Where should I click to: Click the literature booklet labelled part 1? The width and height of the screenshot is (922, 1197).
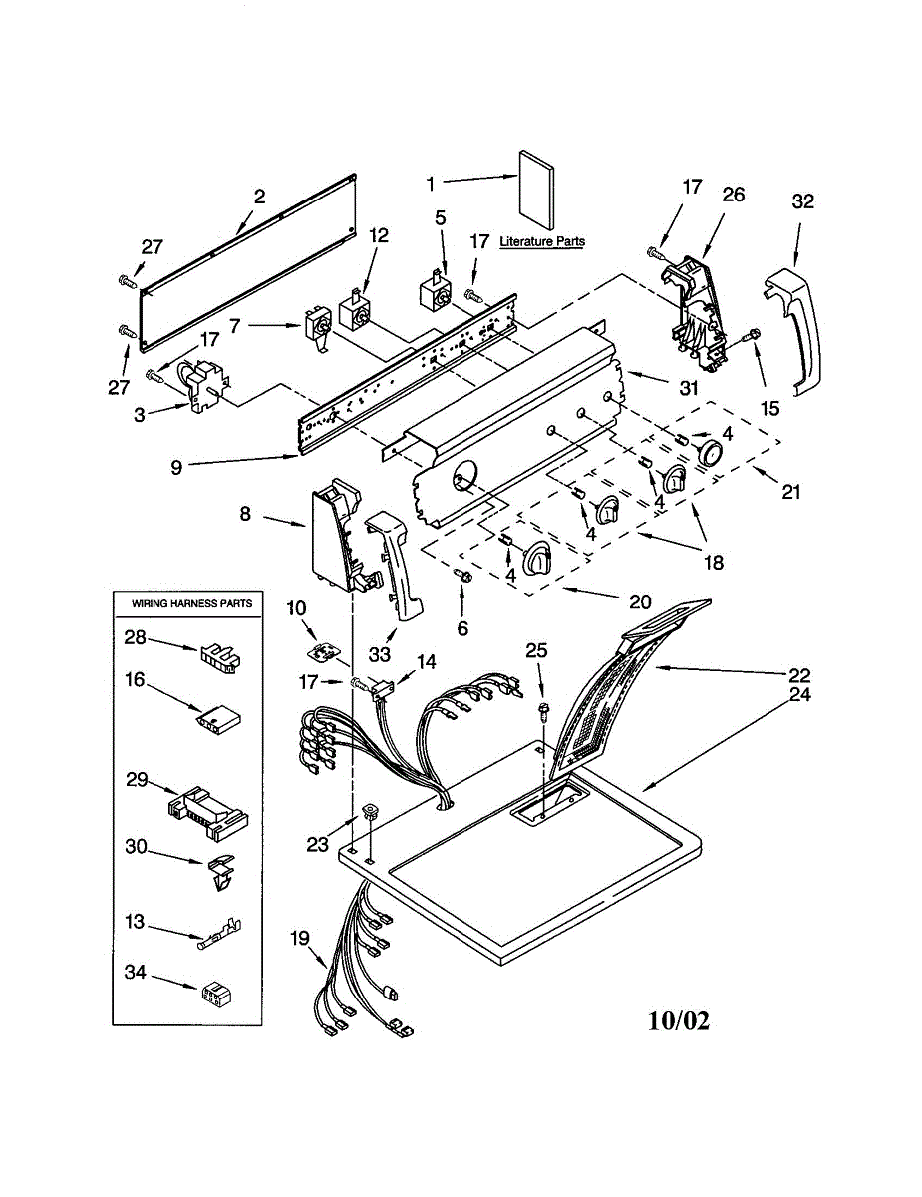(x=536, y=191)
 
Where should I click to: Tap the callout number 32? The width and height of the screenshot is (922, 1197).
(x=802, y=201)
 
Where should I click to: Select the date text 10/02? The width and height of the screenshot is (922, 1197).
(x=679, y=1020)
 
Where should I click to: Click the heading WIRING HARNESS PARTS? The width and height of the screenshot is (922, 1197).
(x=191, y=603)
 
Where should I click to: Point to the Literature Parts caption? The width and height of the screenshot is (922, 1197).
(x=542, y=241)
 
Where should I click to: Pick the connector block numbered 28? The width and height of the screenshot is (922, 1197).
(x=218, y=657)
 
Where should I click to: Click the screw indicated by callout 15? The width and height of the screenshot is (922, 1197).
(x=752, y=334)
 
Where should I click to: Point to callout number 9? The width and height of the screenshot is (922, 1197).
(x=176, y=468)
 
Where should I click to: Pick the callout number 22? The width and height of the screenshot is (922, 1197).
(x=798, y=675)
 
